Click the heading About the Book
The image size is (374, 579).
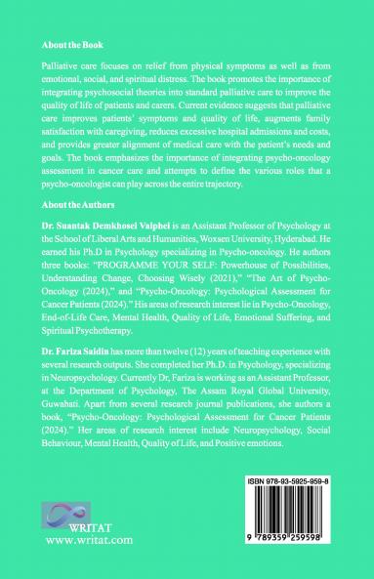pos(72,45)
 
